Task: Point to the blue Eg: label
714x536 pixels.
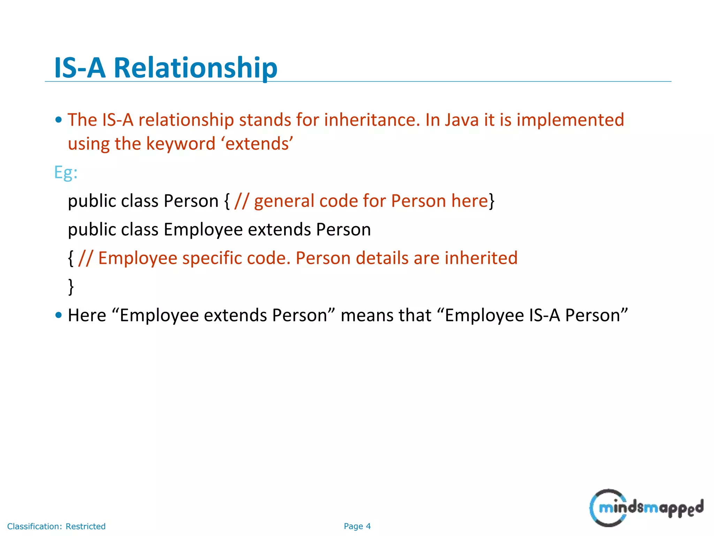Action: click(66, 172)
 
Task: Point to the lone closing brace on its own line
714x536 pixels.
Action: click(71, 286)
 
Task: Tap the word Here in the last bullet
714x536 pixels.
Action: click(87, 315)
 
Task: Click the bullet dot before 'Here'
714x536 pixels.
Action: click(59, 315)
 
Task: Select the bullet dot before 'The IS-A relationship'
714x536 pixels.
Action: click(59, 120)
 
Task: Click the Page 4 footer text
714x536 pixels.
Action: click(357, 526)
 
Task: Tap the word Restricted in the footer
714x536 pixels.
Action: click(85, 526)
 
